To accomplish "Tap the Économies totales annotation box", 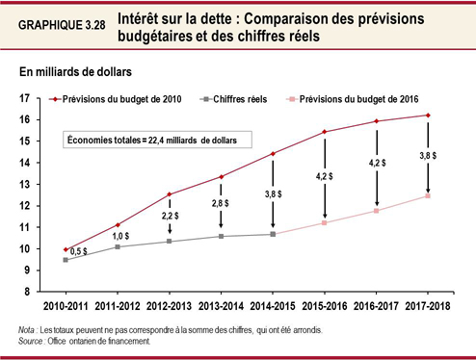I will [157, 139].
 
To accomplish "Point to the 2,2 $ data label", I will [170, 218].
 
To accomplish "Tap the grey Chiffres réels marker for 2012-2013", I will [170, 241].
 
